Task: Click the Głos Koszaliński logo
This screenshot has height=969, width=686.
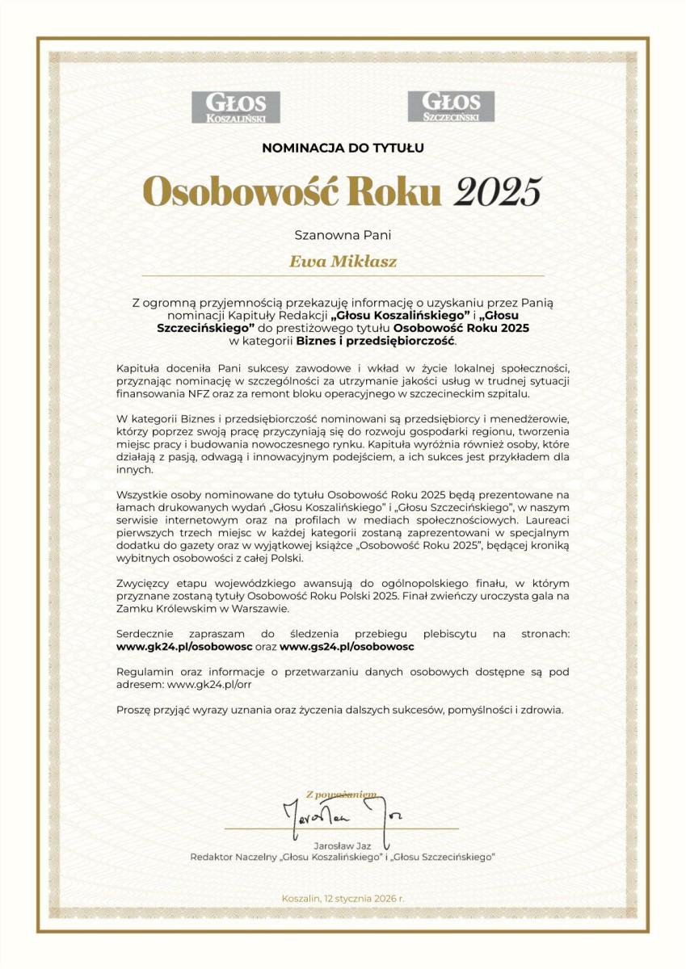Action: point(235,107)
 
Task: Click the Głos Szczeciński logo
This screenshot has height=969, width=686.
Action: point(451,106)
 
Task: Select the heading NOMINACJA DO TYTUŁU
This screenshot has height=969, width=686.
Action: point(343,148)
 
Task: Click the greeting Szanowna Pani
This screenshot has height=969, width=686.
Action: point(343,236)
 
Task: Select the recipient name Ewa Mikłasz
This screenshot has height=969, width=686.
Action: point(343,262)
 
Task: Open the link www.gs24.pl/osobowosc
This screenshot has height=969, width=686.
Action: point(347,647)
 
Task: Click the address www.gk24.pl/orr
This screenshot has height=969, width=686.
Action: point(213,684)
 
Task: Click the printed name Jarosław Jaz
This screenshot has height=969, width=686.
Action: point(342,845)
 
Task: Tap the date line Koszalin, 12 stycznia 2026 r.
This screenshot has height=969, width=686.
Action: point(343,898)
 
